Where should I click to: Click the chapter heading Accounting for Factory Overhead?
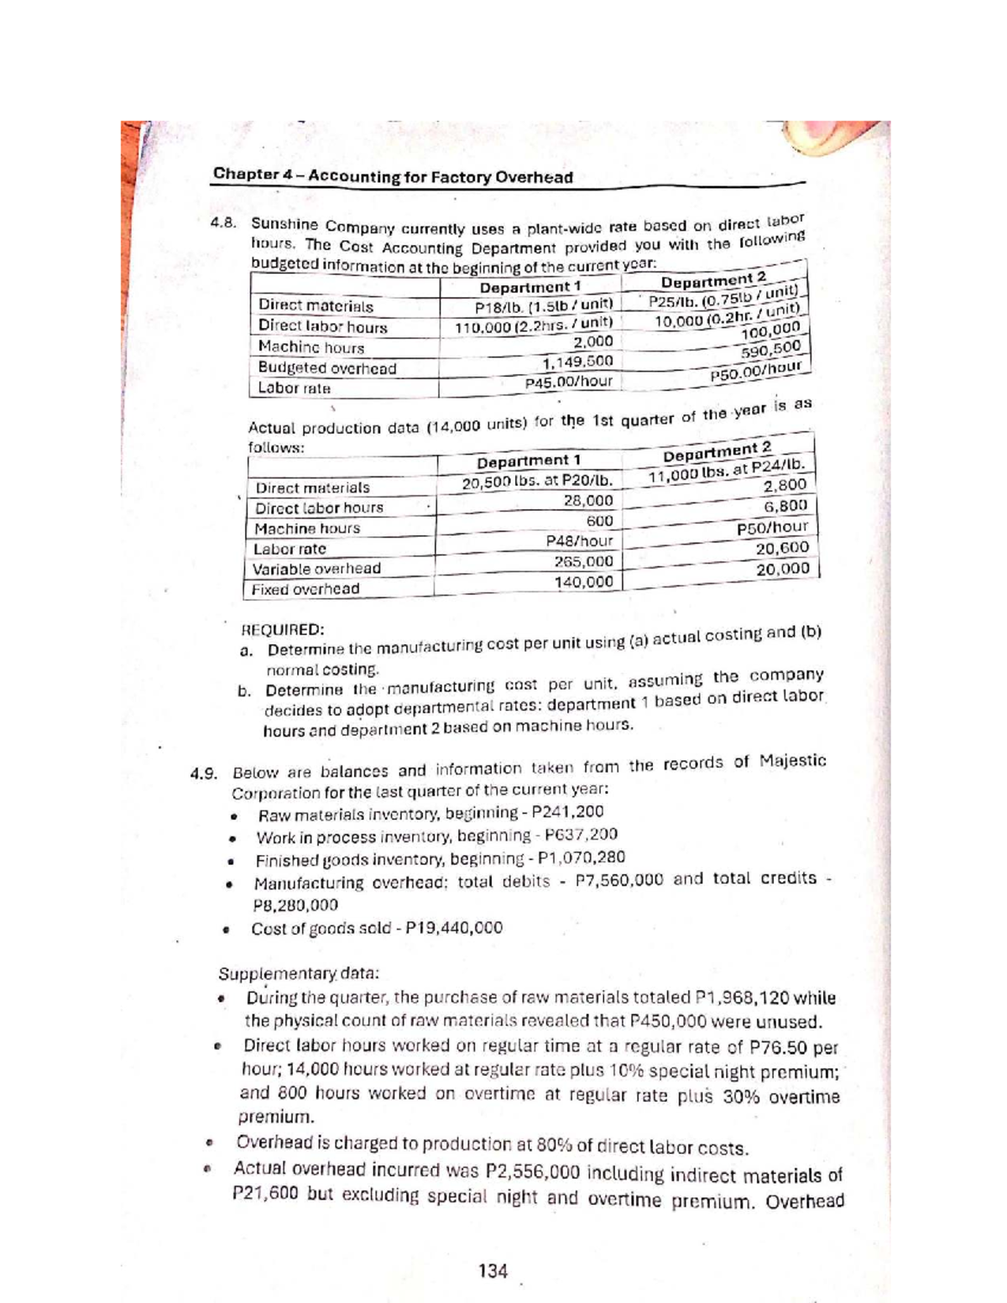tap(393, 176)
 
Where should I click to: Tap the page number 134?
tap(493, 1270)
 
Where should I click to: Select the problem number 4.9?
tap(205, 773)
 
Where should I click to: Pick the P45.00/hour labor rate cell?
tap(568, 382)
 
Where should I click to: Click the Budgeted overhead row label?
tap(326, 367)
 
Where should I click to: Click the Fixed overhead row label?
tap(305, 588)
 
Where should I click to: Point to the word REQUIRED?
tap(281, 629)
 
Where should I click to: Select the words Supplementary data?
tap(299, 974)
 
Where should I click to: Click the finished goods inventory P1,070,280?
tap(579, 858)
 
